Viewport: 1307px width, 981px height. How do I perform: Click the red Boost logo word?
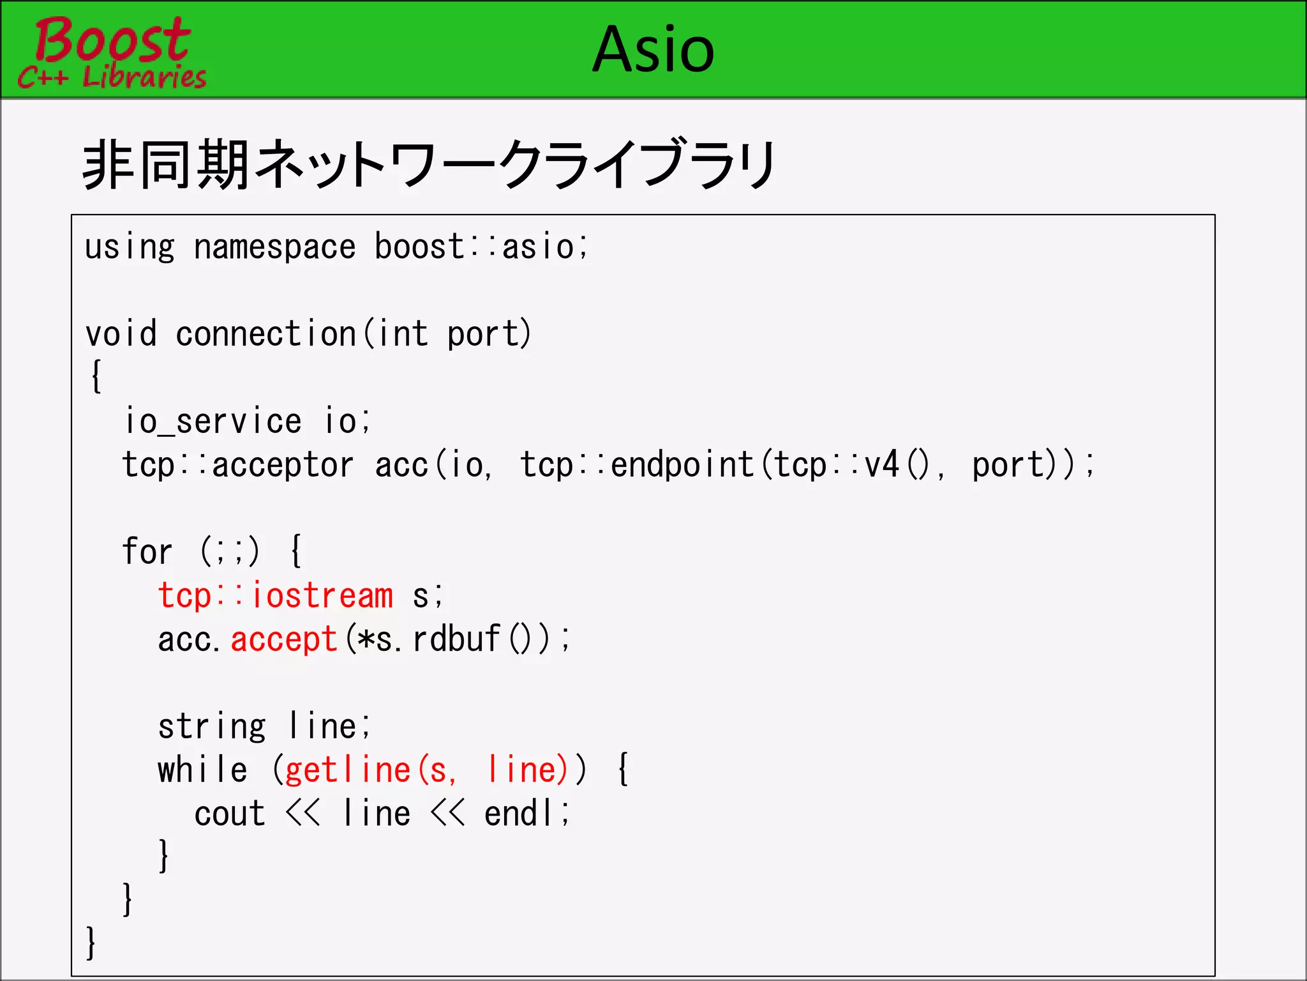(112, 40)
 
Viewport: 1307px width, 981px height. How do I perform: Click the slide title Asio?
(653, 50)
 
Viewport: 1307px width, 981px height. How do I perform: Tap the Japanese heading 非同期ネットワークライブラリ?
(429, 165)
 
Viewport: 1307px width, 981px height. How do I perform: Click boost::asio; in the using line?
(482, 247)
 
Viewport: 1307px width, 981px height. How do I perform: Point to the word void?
(121, 334)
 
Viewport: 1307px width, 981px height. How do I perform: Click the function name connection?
(265, 334)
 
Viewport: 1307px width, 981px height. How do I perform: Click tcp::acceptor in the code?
(237, 465)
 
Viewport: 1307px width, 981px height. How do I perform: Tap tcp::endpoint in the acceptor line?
(637, 465)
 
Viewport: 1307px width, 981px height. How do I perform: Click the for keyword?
(147, 552)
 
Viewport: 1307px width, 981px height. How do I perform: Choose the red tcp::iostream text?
(275, 596)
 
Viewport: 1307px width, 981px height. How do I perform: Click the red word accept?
(284, 639)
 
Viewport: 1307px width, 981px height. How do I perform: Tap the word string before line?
(212, 727)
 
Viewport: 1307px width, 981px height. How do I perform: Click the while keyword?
(202, 770)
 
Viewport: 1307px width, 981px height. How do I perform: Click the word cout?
(230, 814)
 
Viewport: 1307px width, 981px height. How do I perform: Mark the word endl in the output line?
(518, 814)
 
